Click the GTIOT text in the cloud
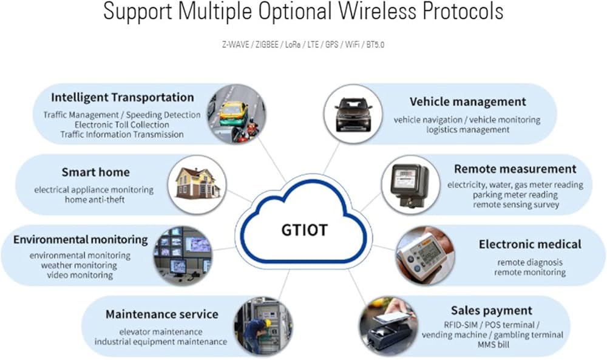point(304,230)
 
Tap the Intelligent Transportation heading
point(122,97)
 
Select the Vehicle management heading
point(467,101)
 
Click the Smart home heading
point(95,172)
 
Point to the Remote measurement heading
point(515,168)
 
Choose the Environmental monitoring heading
point(80,239)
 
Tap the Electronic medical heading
point(530,244)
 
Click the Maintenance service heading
point(161,314)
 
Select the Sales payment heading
point(491,310)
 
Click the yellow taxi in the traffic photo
point(234,110)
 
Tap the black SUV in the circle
point(355,112)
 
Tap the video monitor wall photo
point(182,255)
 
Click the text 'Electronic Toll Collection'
point(123,124)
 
